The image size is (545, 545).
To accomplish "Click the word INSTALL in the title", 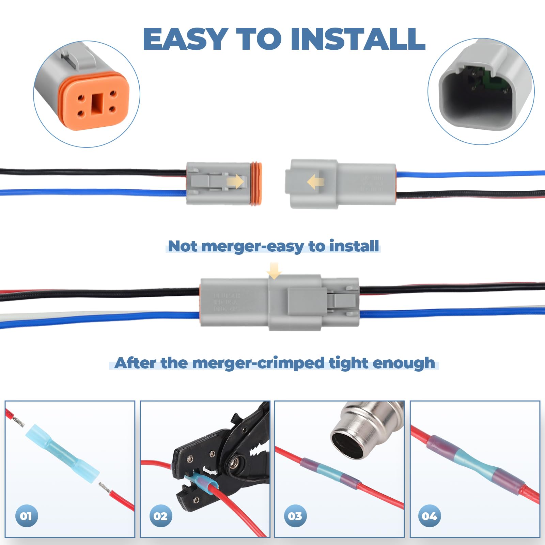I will [x=358, y=39].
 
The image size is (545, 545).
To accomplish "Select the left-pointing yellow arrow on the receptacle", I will [x=315, y=182].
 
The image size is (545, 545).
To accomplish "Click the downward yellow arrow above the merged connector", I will [x=274, y=271].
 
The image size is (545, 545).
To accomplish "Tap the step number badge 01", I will [x=26, y=516].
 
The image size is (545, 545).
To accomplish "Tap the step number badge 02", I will [x=160, y=516].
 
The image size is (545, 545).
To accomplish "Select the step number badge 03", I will [x=295, y=516].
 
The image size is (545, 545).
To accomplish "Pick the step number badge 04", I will [x=429, y=516].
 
